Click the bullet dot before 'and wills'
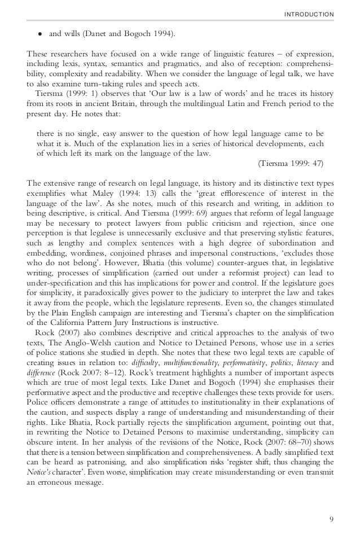[x=40, y=34]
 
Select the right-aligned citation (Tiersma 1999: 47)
[x=291, y=164]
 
